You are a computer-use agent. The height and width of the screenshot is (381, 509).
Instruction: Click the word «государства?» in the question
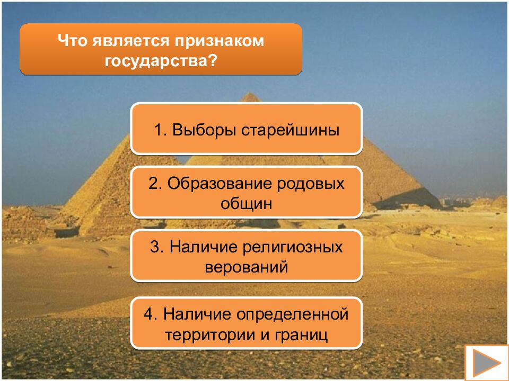[x=161, y=60]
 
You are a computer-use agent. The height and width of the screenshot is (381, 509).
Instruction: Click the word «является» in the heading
[x=129, y=41]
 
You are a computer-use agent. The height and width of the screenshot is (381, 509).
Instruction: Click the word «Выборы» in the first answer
[x=205, y=130]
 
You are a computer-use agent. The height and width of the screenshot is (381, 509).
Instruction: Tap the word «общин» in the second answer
[x=247, y=203]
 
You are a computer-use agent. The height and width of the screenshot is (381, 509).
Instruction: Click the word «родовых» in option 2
[x=312, y=184]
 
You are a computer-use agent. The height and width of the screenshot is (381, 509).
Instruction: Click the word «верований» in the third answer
[x=247, y=267]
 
